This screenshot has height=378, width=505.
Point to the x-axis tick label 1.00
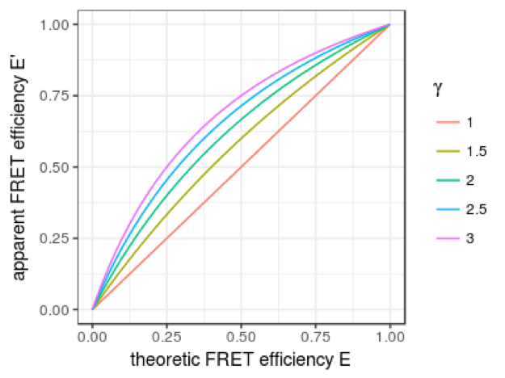(389, 333)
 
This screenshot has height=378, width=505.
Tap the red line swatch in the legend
(445, 122)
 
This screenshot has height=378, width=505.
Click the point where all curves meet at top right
(389, 25)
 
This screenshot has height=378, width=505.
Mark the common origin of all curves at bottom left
(93, 309)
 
